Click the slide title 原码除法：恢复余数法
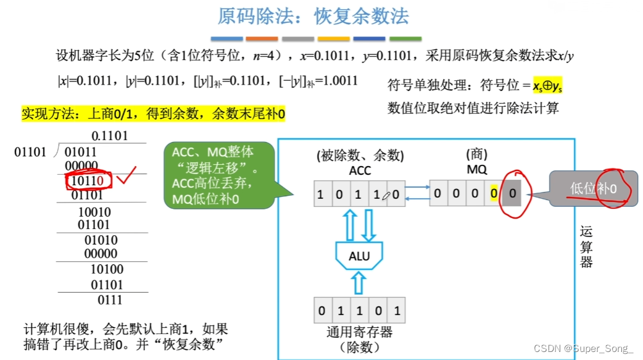(x=314, y=16)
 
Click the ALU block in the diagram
(x=359, y=255)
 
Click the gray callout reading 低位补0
(x=591, y=188)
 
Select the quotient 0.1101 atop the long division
(x=109, y=135)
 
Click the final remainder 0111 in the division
(x=110, y=300)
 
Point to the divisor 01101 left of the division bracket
(x=30, y=152)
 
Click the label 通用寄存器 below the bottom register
(x=359, y=332)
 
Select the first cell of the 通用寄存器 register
(x=321, y=311)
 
